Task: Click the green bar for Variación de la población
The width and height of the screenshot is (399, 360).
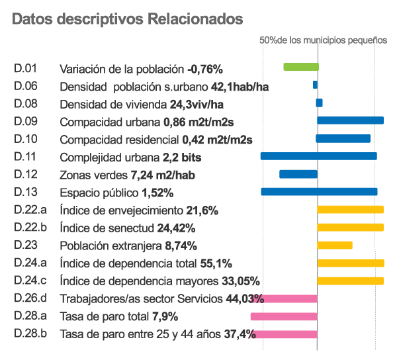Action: pyautogui.click(x=301, y=67)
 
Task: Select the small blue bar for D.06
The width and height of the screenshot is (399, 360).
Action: pyautogui.click(x=315, y=85)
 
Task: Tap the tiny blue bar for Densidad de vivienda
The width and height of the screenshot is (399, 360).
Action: pyautogui.click(x=319, y=103)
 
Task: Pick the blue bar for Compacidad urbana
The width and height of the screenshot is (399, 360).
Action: pyautogui.click(x=351, y=120)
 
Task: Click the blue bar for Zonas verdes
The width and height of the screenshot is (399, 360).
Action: pyautogui.click(x=298, y=174)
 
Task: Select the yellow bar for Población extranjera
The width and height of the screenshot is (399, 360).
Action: pyautogui.click(x=335, y=246)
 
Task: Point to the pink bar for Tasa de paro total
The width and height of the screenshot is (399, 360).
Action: pyautogui.click(x=284, y=316)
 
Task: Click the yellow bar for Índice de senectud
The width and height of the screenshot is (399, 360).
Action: pyautogui.click(x=351, y=228)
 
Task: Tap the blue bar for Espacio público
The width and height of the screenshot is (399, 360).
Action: pyautogui.click(x=319, y=192)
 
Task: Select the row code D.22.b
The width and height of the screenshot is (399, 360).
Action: pyautogui.click(x=31, y=228)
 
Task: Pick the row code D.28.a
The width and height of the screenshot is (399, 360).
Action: pyautogui.click(x=31, y=315)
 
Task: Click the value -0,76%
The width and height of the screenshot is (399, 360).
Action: pyautogui.click(x=205, y=69)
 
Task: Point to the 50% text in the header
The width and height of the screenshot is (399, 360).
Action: pyautogui.click(x=268, y=40)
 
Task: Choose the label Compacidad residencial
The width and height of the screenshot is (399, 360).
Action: pyautogui.click(x=119, y=140)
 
